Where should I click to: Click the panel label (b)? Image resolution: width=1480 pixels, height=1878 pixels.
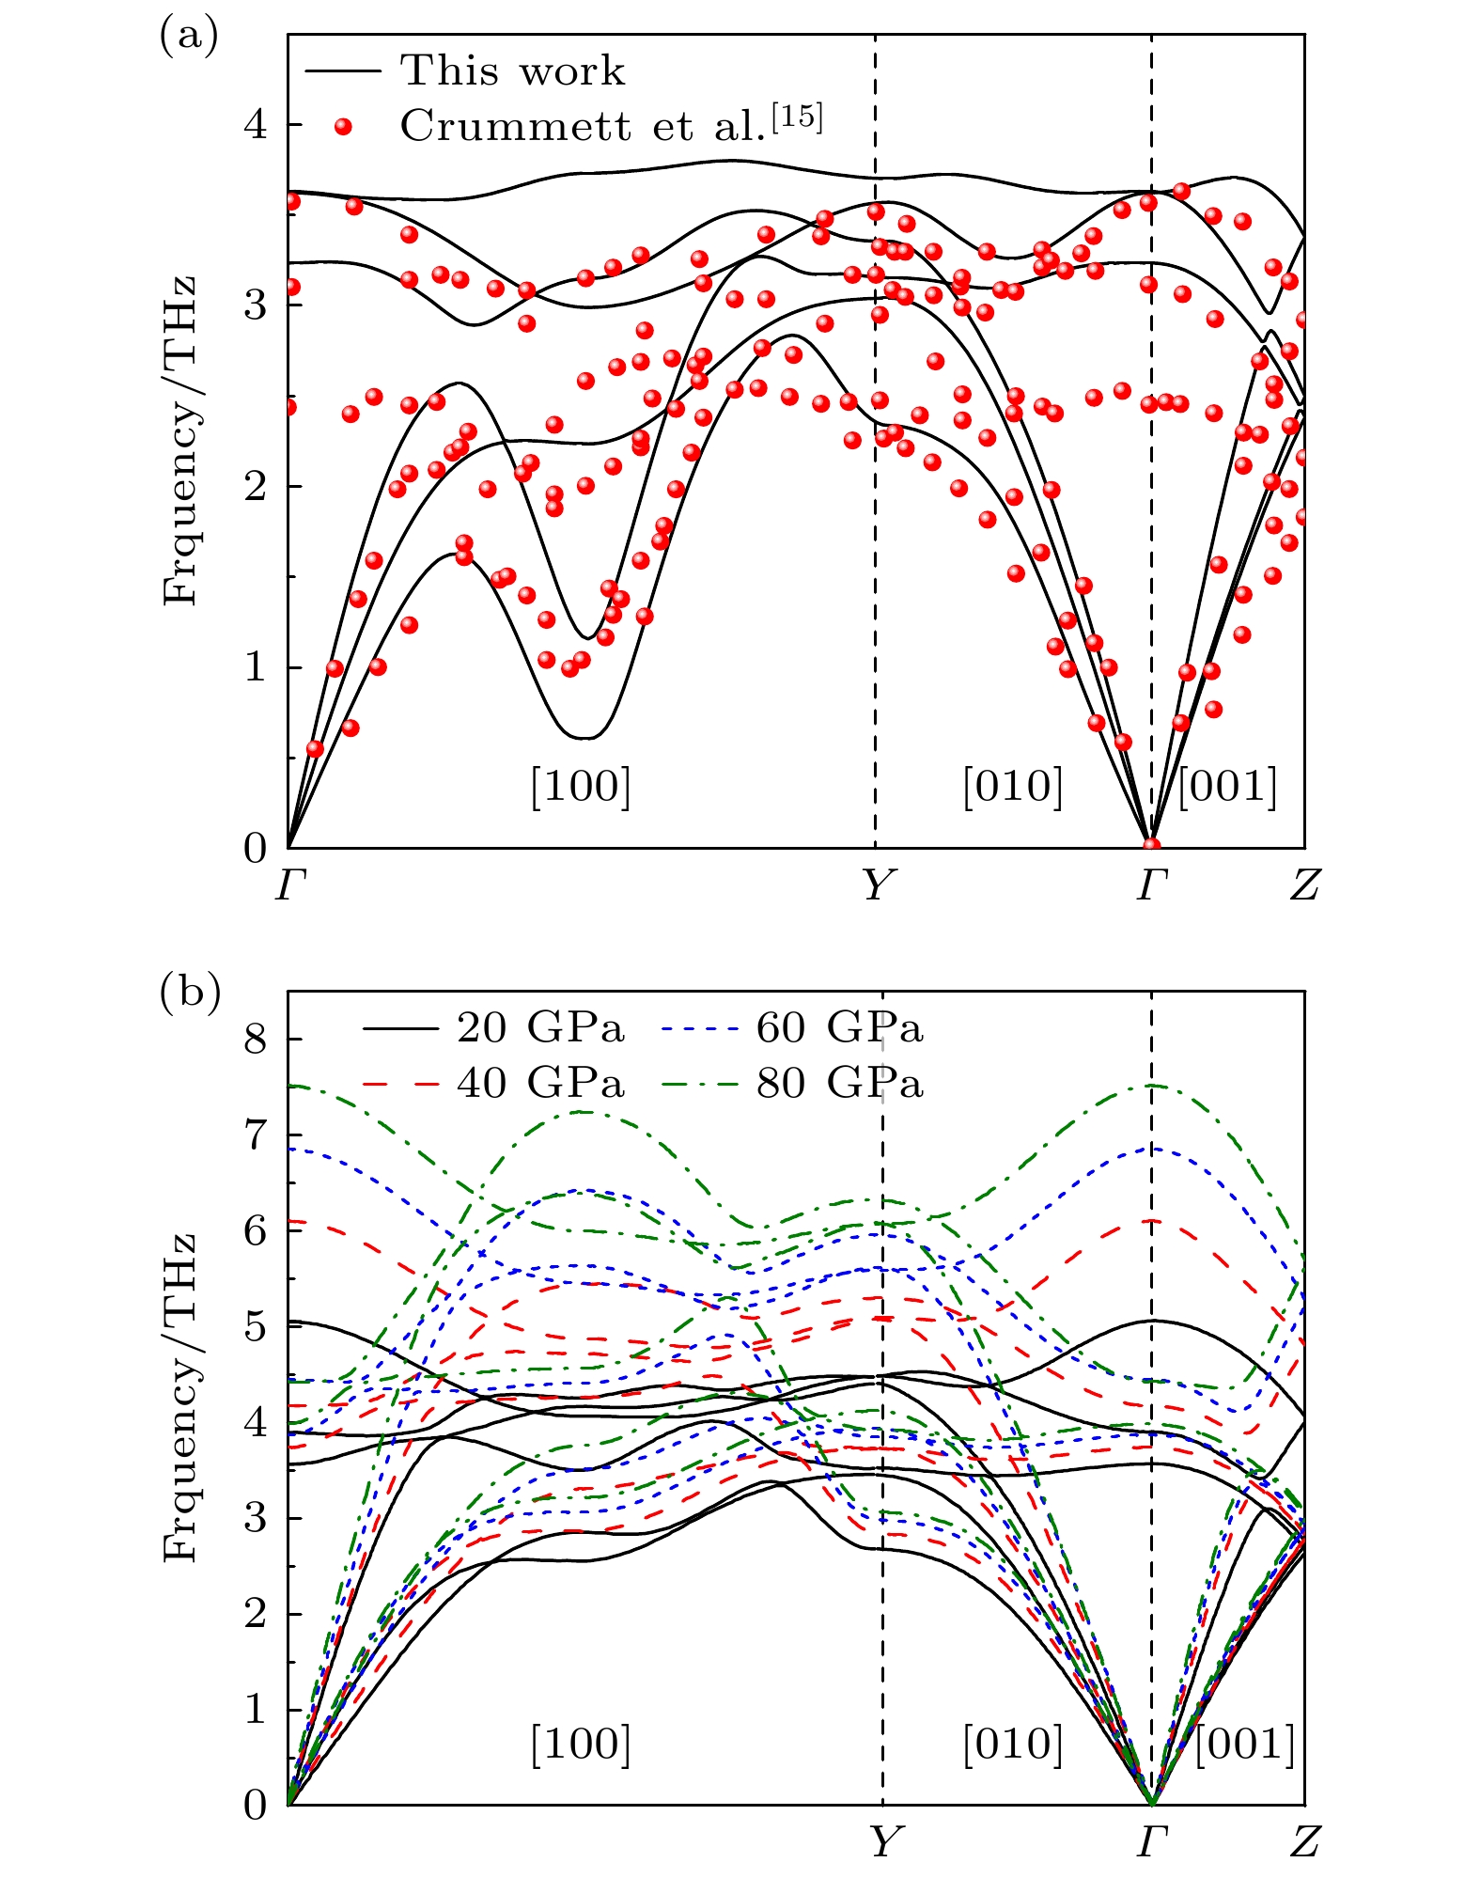tap(190, 993)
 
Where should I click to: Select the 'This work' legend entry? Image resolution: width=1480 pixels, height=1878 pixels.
tap(512, 70)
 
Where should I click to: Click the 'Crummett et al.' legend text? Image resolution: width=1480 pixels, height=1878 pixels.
tap(611, 124)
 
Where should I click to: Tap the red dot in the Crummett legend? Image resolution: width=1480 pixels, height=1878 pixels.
tap(344, 127)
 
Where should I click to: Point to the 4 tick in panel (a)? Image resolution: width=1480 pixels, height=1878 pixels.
tap(256, 125)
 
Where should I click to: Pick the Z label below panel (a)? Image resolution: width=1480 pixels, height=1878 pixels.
tap(1305, 884)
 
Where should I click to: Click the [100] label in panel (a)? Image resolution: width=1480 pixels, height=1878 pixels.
tap(580, 786)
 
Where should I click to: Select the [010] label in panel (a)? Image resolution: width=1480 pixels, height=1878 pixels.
tap(1012, 786)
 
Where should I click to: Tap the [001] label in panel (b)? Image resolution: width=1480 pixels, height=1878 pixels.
tap(1245, 1744)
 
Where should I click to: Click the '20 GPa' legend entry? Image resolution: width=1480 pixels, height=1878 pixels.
tap(540, 1028)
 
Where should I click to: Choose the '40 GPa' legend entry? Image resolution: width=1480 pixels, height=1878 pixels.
tap(540, 1084)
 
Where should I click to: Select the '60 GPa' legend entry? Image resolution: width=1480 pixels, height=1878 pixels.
tap(839, 1028)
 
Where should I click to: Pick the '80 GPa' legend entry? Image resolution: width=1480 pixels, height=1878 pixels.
tap(839, 1084)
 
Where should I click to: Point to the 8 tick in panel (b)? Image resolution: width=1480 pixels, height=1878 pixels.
tap(256, 1040)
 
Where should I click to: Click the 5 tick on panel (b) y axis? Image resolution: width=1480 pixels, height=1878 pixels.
tap(256, 1327)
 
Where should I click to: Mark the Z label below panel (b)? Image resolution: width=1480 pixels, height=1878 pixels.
tap(1305, 1841)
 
